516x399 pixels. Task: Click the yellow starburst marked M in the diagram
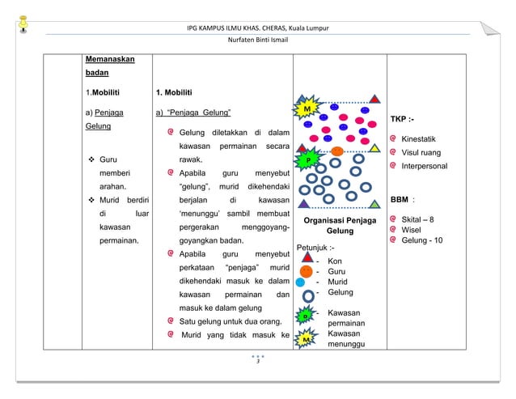(307, 108)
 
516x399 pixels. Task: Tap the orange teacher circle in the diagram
(337, 151)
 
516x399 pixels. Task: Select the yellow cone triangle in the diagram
(374, 148)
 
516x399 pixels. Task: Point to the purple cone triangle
(303, 204)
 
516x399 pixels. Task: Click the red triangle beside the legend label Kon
(307, 261)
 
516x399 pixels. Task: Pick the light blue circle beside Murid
(301, 282)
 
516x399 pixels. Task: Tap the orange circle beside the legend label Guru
(307, 271)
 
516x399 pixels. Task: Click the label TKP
(402, 118)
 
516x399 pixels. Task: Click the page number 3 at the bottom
(258, 361)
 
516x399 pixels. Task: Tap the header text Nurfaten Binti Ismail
(257, 40)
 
